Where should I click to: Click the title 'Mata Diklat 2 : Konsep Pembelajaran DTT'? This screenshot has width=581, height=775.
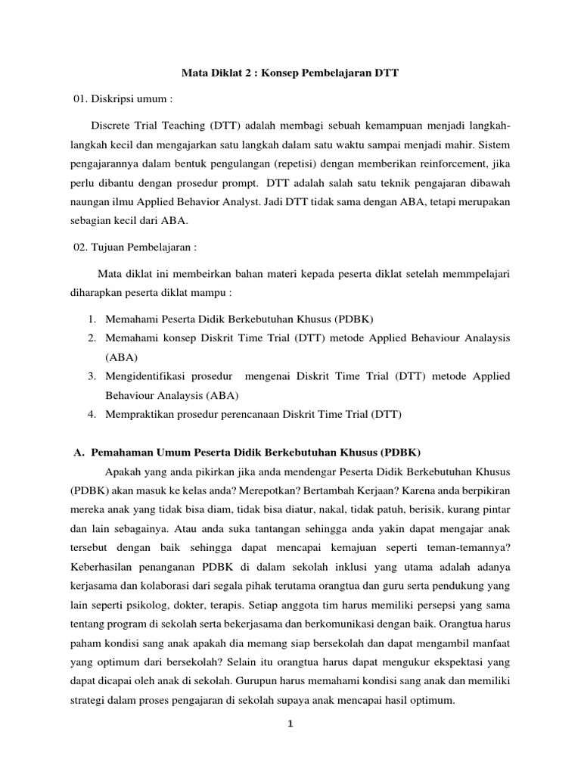290,73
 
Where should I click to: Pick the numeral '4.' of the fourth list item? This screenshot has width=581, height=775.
92,414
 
